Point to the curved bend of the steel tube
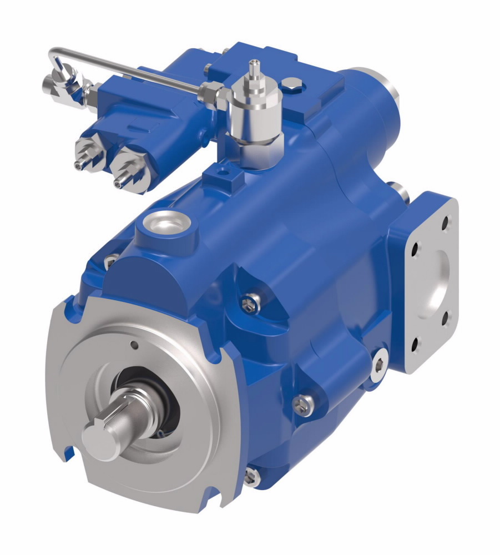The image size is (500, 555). (52, 56)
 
